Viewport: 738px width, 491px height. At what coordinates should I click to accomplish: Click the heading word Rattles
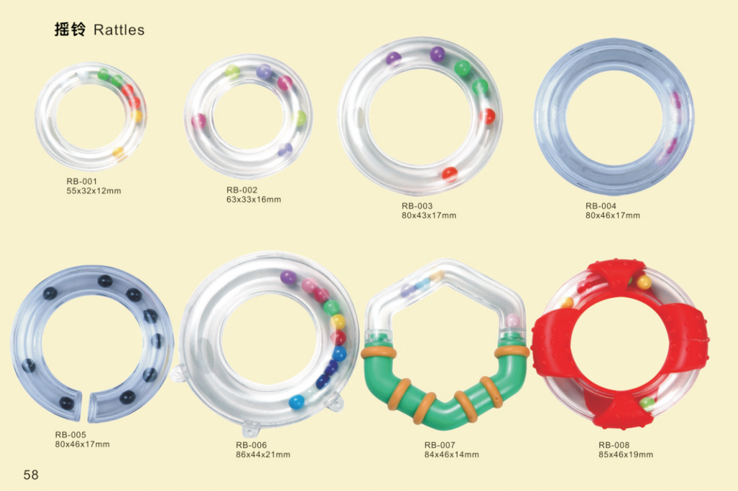coord(119,30)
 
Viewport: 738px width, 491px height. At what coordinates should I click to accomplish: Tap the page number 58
coord(31,474)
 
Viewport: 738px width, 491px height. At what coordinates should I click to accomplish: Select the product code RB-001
coord(82,181)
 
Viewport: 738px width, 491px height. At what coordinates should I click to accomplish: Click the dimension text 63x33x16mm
coord(254,200)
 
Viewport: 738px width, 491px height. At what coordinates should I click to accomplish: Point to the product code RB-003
coord(417,206)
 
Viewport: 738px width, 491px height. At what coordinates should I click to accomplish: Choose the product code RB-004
coord(601,206)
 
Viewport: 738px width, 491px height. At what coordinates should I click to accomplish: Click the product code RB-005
coord(70,435)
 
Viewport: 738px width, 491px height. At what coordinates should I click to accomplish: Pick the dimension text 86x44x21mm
coord(263,455)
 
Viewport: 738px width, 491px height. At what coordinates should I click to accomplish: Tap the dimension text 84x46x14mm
coord(451,455)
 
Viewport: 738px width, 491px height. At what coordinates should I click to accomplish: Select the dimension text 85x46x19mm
coord(626,455)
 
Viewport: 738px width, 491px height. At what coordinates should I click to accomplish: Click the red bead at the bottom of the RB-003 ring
coord(450,174)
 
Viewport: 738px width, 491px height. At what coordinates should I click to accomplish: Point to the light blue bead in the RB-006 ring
coord(297,401)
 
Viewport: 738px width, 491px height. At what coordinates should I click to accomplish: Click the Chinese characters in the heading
coord(70,30)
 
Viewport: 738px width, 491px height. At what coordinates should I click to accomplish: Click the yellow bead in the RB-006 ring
coord(338,322)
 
